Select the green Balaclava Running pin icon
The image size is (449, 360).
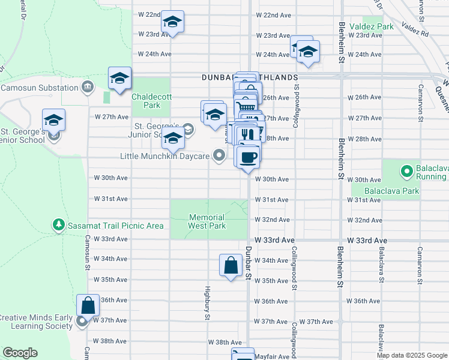407,172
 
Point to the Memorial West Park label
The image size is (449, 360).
207,221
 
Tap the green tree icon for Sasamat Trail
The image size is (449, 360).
59,225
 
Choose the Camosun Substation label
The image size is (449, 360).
38,88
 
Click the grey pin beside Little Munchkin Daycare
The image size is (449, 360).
220,156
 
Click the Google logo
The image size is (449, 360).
20,353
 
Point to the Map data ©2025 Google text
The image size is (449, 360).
412,355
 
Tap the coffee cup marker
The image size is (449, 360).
248,157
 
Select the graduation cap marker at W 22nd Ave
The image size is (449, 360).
173,22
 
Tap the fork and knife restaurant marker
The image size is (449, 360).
249,133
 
